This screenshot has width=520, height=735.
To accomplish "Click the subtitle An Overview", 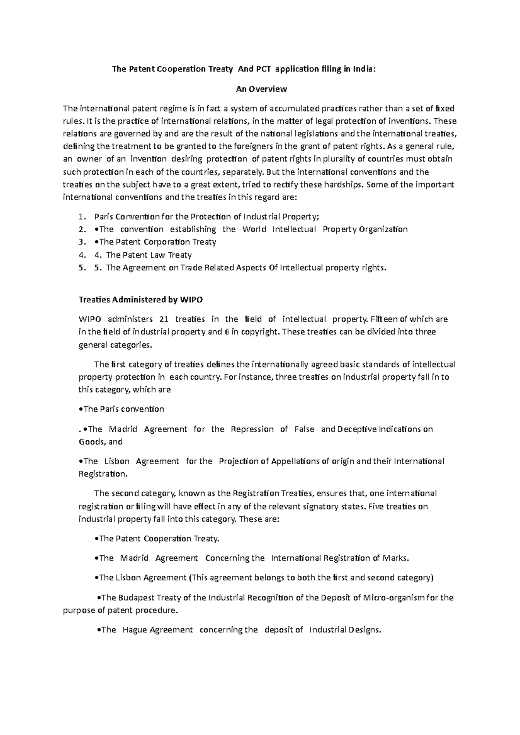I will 261,89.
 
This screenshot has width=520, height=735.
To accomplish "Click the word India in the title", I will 362,69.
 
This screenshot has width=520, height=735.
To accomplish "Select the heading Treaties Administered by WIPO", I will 140,300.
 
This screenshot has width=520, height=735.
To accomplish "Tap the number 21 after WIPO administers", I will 163,319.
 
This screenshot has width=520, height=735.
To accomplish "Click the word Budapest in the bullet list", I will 138,598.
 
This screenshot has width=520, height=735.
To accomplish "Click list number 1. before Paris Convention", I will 82,216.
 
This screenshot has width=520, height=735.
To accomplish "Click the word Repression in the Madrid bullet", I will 252,429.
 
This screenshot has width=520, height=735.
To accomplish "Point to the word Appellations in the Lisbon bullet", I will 295,461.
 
